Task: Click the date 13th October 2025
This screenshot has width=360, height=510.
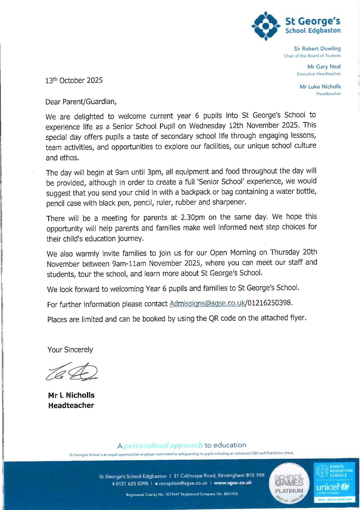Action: [74, 80]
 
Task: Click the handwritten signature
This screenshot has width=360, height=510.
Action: [72, 372]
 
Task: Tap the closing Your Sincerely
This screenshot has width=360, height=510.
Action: [70, 350]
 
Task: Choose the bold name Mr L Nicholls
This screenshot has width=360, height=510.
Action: [71, 396]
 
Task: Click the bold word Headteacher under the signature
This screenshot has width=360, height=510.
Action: [71, 406]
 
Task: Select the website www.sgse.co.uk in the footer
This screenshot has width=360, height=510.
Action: [233, 483]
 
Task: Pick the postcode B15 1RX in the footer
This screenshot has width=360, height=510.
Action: [255, 476]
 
